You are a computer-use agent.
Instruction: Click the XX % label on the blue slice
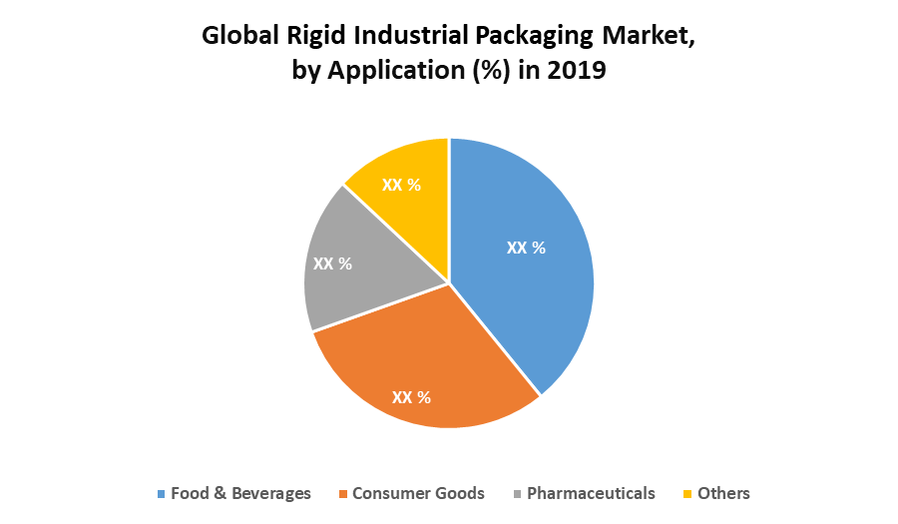click(x=526, y=248)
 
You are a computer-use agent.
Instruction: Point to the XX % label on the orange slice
click(x=411, y=397)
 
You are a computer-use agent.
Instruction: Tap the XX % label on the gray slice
click(x=332, y=264)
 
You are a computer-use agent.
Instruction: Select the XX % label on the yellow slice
click(x=399, y=186)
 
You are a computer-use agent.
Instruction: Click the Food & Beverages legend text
click(x=240, y=493)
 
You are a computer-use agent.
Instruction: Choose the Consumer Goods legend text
click(x=418, y=493)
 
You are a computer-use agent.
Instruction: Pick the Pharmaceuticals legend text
click(x=591, y=493)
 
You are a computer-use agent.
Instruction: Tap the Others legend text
click(x=723, y=493)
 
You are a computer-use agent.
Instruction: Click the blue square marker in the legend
click(x=161, y=494)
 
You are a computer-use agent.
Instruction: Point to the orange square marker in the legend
click(x=342, y=494)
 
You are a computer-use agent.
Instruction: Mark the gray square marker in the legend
click(x=517, y=494)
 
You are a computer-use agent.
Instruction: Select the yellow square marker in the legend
click(x=686, y=494)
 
